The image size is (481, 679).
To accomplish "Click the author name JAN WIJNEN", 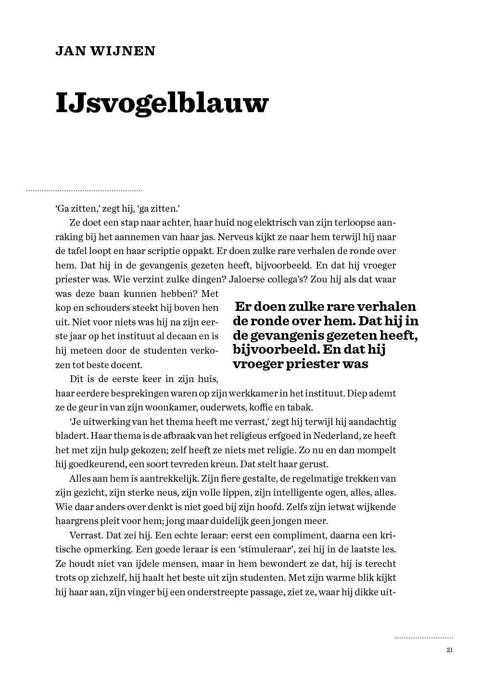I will (105, 51).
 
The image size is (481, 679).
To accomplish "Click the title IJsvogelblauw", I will (161, 103).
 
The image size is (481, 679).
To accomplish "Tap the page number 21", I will (450, 650).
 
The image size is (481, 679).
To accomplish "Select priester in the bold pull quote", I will (313, 364).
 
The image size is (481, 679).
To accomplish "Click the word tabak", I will (300, 407).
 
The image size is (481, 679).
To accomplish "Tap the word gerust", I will (314, 464).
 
